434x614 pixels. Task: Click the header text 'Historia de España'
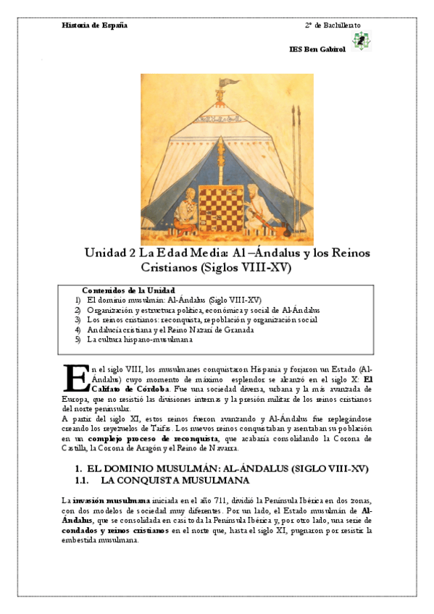click(95, 25)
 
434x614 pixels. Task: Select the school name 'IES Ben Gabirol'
click(317, 49)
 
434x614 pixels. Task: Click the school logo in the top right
click(359, 41)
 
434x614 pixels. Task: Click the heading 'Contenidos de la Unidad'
click(128, 289)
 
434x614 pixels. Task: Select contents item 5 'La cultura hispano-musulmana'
click(139, 339)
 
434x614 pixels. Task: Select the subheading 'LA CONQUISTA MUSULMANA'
click(175, 480)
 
